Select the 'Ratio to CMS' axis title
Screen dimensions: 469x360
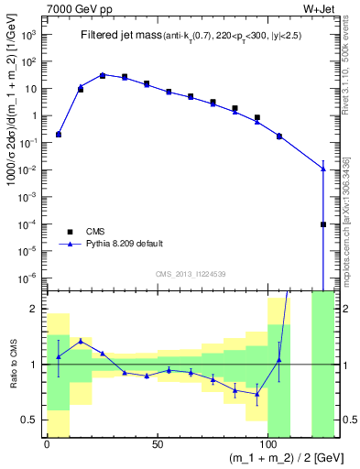[x=12, y=364]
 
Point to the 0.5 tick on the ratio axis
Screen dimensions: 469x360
[x=33, y=420]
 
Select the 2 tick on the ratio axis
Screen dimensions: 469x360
[x=36, y=310]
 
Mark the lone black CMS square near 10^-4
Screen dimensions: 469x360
[x=322, y=224]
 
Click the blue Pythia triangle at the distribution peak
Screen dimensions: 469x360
[x=103, y=75]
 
